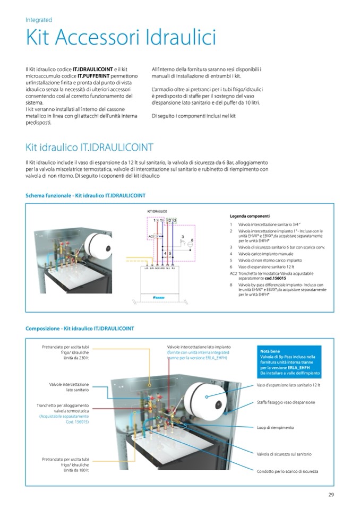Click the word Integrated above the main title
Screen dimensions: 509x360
coord(39,20)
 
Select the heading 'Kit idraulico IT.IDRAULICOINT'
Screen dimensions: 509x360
coord(89,148)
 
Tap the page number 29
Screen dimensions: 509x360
coord(330,496)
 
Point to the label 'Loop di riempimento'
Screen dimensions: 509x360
coord(275,427)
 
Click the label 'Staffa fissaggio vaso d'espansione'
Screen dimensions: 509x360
coord(286,402)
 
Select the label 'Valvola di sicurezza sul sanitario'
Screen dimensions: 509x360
coord(284,454)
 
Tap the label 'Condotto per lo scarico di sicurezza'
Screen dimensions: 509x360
coord(287,471)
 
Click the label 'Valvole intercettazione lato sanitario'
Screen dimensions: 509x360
coord(69,387)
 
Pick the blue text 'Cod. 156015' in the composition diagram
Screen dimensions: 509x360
coord(77,422)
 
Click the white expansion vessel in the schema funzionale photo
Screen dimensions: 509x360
coord(100,245)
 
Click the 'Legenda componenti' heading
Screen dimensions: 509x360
coord(249,216)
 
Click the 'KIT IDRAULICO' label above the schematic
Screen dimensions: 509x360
coord(157,211)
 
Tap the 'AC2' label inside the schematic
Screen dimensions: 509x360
coord(151,236)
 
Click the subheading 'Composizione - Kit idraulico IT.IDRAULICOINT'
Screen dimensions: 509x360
coord(80,329)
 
